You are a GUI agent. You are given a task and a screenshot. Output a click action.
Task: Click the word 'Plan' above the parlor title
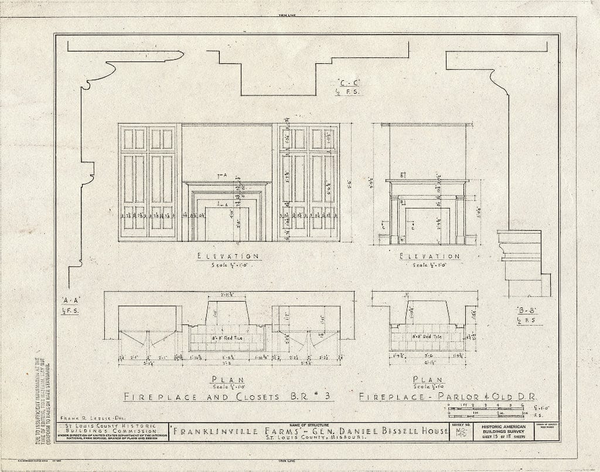[x=427, y=379]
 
